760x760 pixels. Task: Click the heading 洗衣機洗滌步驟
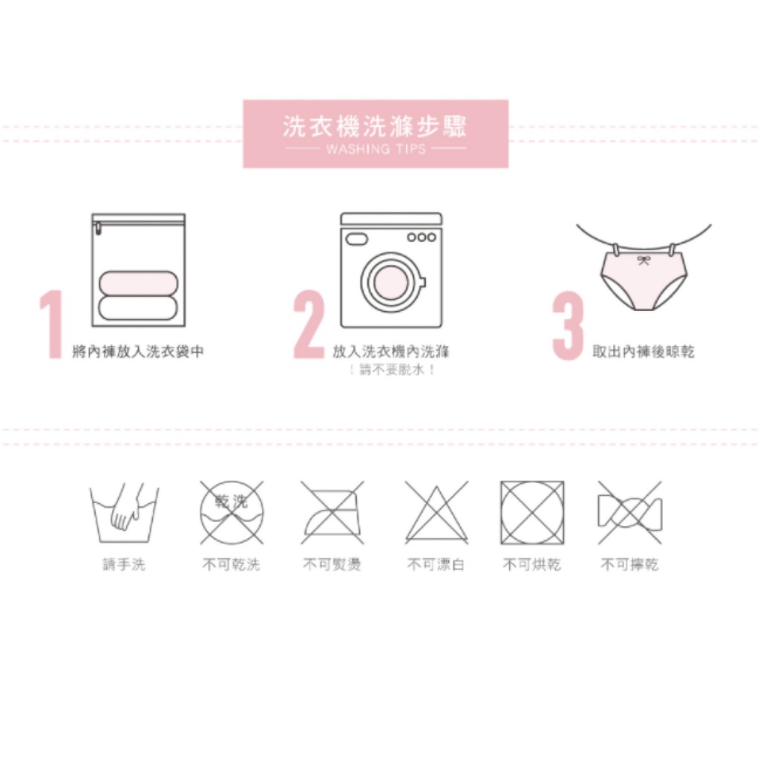[x=375, y=127]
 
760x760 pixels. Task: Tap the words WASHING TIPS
[x=376, y=148]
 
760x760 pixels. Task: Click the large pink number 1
[x=52, y=324]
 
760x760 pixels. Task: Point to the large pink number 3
[x=568, y=326]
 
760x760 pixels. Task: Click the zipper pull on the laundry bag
[x=98, y=229]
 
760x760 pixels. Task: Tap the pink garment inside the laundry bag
[x=139, y=283]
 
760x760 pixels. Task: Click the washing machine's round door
[x=392, y=282]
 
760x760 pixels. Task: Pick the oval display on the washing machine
[x=357, y=238]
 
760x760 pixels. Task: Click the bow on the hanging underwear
[x=643, y=261]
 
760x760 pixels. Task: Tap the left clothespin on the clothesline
[x=615, y=250]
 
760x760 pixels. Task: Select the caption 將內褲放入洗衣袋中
[x=138, y=351]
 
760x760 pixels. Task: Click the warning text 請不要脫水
[x=392, y=370]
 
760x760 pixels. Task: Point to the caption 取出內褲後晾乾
[x=643, y=351]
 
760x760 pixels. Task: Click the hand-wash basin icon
[x=124, y=513]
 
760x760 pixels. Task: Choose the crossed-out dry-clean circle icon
[x=232, y=512]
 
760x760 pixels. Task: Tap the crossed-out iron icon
[x=332, y=512]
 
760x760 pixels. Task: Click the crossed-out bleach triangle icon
[x=436, y=512]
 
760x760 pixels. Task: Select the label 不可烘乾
[x=531, y=564]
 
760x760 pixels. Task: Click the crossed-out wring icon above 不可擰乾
[x=629, y=512]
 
